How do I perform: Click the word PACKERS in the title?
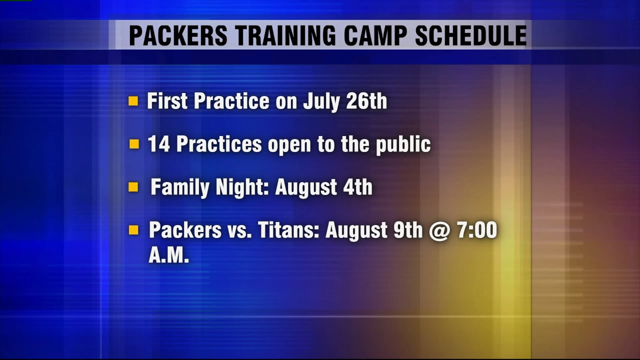(x=178, y=35)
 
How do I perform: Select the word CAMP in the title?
(x=375, y=35)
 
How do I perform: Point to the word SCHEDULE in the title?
(x=471, y=35)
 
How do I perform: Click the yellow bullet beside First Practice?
(x=133, y=101)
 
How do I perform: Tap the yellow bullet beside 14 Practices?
(x=134, y=144)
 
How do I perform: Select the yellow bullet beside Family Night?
(x=133, y=187)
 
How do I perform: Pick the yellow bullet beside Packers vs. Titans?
(x=134, y=230)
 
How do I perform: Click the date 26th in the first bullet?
(x=366, y=101)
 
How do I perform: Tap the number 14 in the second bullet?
(x=159, y=144)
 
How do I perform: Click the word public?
(x=403, y=145)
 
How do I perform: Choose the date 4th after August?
(x=358, y=187)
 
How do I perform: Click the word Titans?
(x=289, y=230)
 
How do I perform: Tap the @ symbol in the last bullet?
(x=439, y=231)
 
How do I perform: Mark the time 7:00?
(x=477, y=230)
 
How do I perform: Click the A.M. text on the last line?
(x=169, y=256)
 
